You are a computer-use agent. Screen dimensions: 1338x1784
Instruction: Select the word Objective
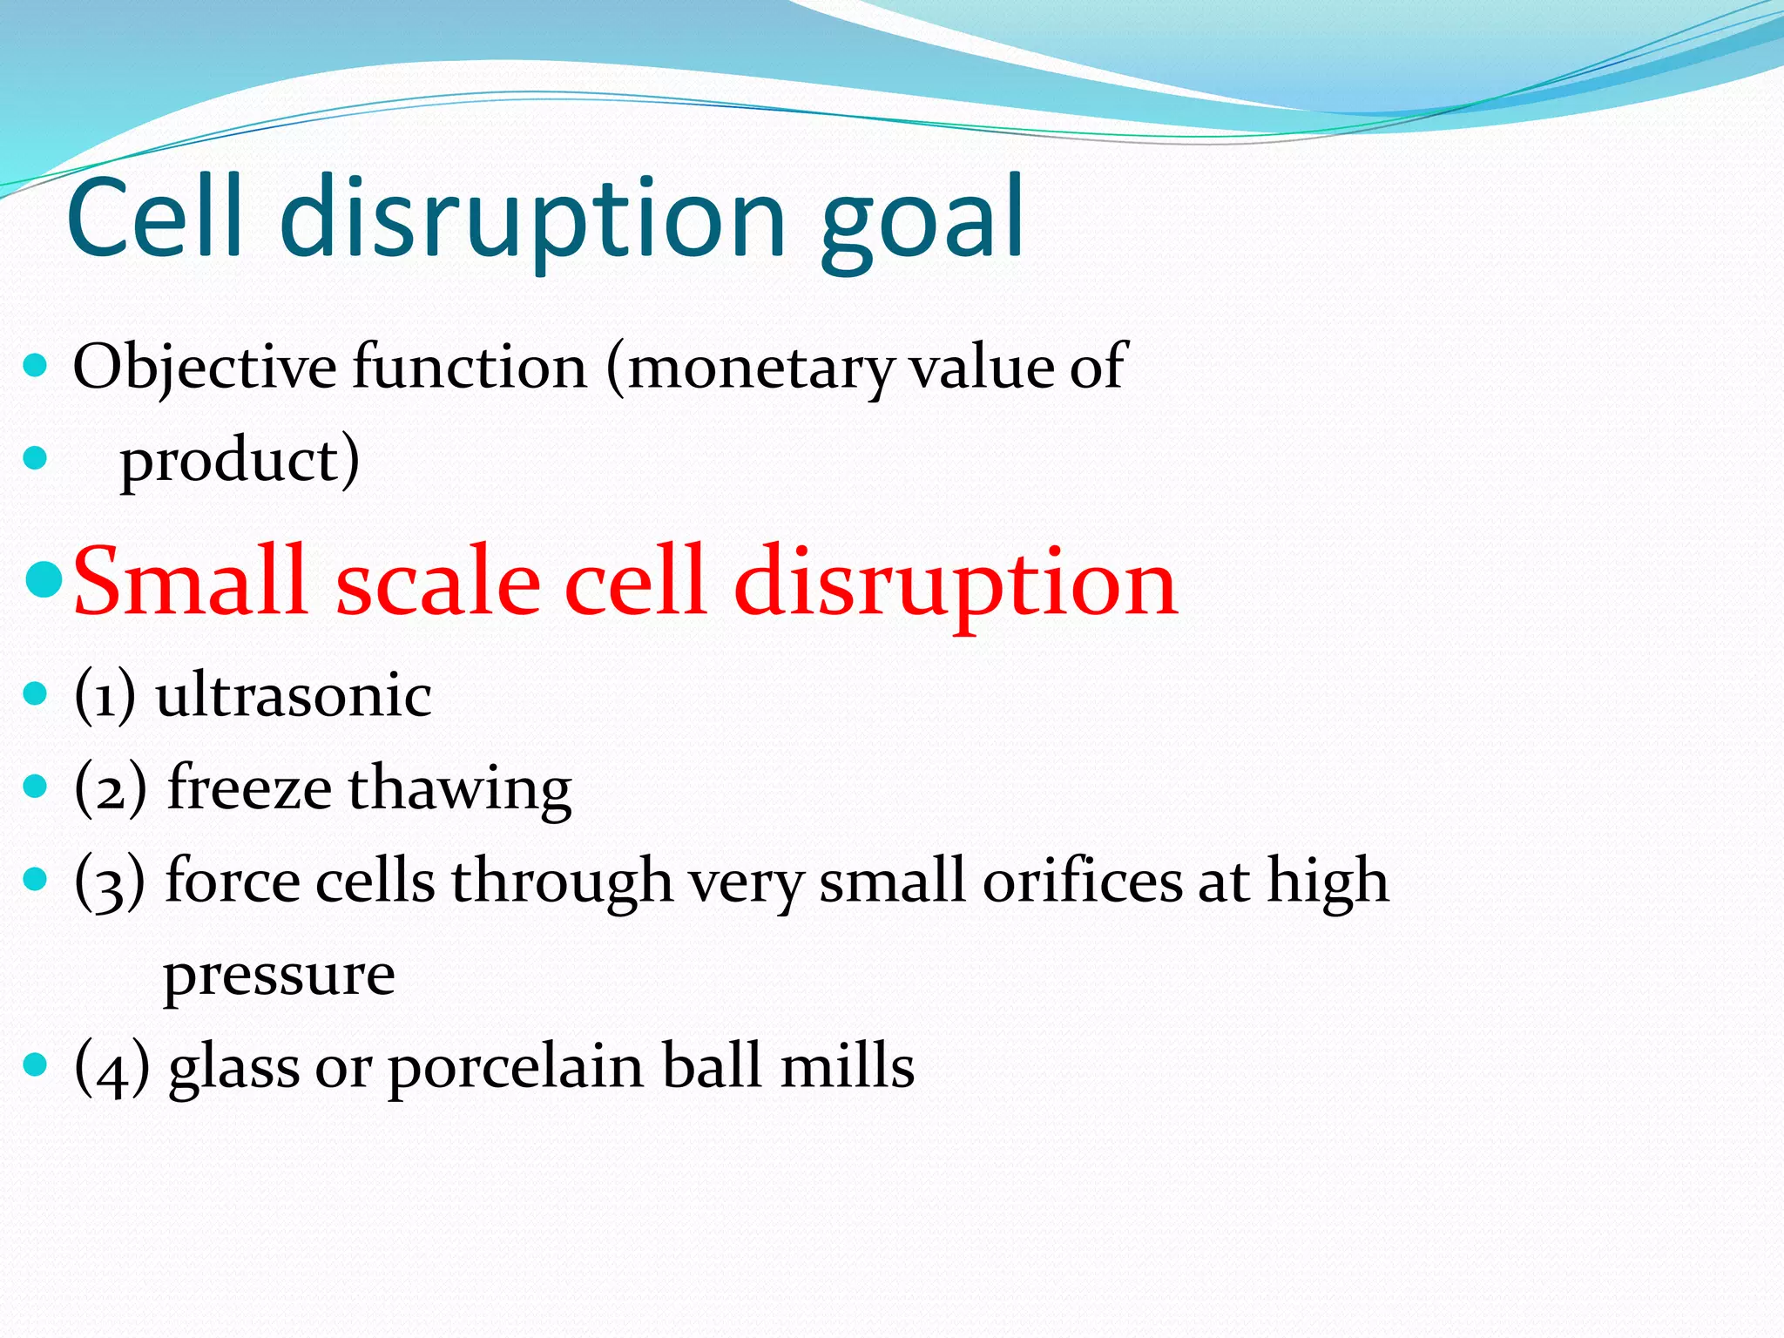pyautogui.click(x=204, y=368)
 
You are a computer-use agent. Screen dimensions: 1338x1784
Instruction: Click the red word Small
pyautogui.click(x=191, y=581)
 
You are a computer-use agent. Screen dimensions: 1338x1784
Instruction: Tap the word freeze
pyautogui.click(x=249, y=788)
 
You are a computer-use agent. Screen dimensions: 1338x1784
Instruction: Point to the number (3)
pyautogui.click(x=110, y=882)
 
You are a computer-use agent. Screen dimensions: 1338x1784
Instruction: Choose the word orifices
pyautogui.click(x=1082, y=882)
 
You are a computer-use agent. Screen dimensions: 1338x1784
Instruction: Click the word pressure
pyautogui.click(x=279, y=976)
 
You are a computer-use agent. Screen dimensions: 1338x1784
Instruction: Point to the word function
pyautogui.click(x=470, y=368)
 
